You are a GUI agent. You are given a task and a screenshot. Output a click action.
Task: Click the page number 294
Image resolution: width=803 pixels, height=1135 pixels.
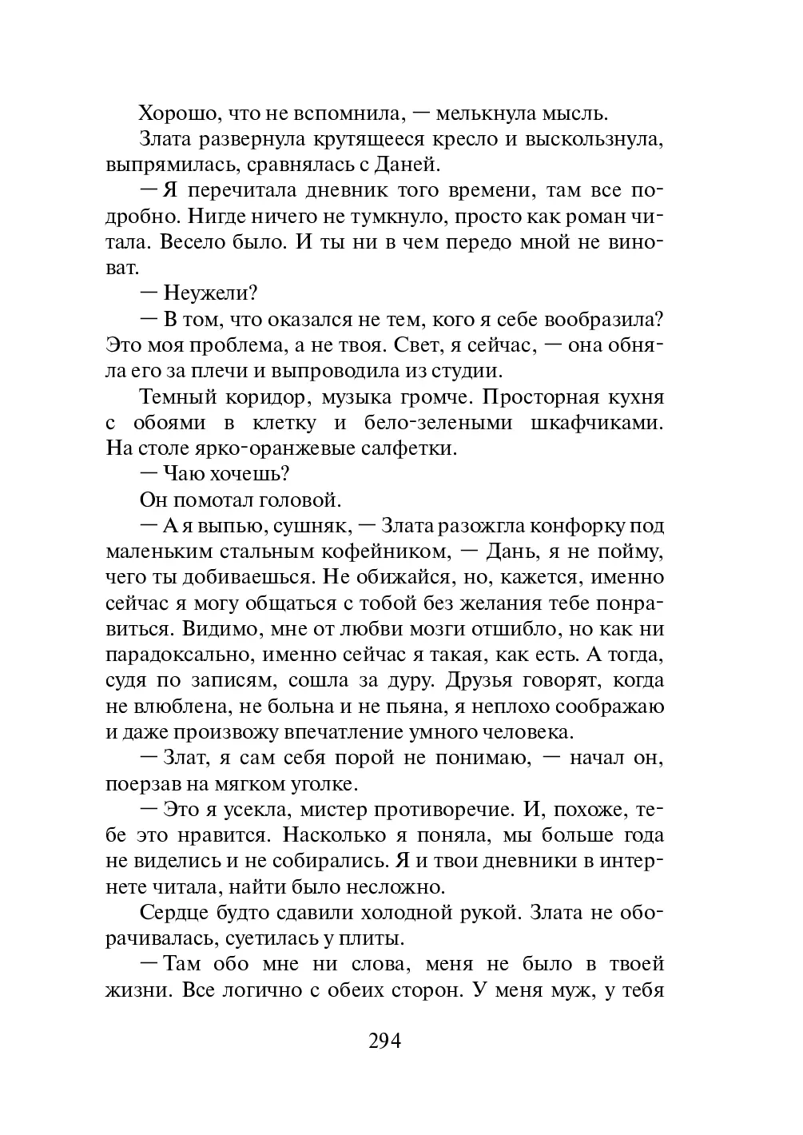click(384, 1041)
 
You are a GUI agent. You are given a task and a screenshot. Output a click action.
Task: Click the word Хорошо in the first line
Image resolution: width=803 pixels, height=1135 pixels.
click(176, 113)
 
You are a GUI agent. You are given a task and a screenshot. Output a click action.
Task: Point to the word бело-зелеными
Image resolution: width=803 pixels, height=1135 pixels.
click(435, 422)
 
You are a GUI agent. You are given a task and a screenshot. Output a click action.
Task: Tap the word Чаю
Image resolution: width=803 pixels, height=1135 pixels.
click(186, 473)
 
